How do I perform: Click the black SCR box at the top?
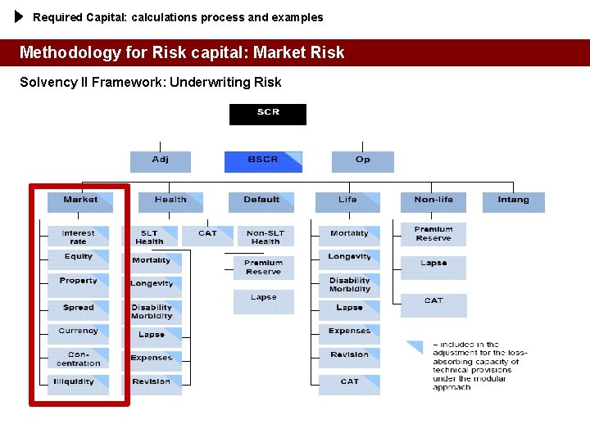(268, 114)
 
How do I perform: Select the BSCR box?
(263, 160)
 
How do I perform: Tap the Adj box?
(161, 160)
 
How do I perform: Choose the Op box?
(362, 160)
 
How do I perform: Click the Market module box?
(80, 201)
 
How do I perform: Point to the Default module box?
(262, 201)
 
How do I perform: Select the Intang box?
(513, 201)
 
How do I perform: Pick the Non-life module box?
(433, 201)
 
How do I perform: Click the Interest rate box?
(78, 237)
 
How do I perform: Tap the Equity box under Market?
(78, 259)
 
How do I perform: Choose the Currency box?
(78, 333)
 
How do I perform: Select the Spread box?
(78, 309)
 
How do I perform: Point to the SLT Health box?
(150, 237)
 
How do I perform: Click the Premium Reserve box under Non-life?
(433, 234)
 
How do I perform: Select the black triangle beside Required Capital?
(19, 16)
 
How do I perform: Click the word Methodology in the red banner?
(70, 52)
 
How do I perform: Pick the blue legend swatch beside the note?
(415, 347)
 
